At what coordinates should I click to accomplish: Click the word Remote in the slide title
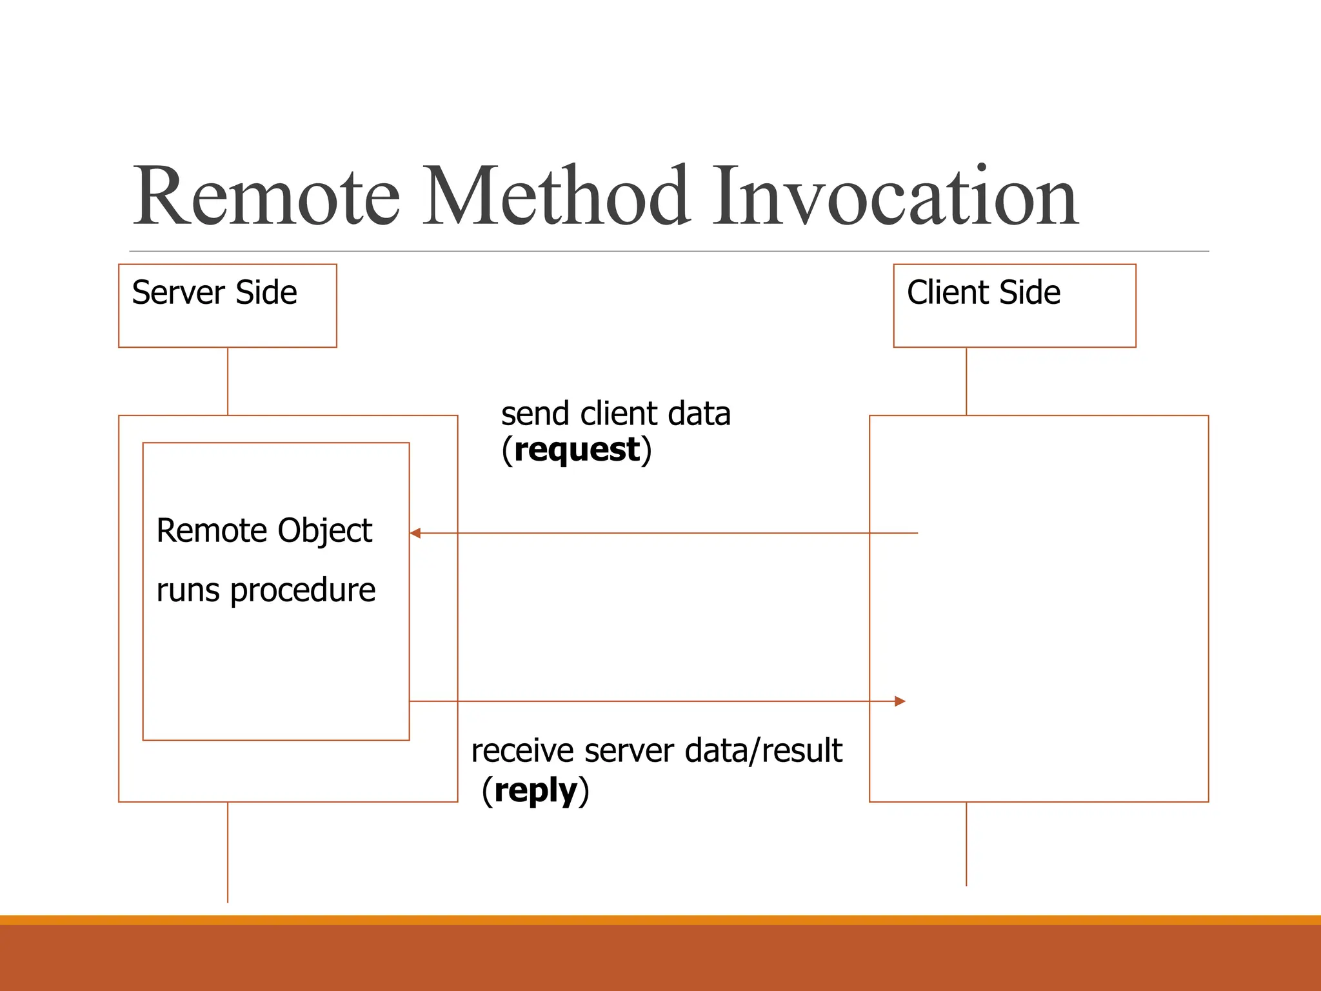pyautogui.click(x=266, y=196)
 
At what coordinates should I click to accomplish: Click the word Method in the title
pyautogui.click(x=556, y=196)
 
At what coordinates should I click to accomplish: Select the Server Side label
pyautogui.click(x=214, y=293)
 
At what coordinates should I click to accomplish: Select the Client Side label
pyautogui.click(x=983, y=293)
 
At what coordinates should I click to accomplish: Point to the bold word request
pyautogui.click(x=577, y=450)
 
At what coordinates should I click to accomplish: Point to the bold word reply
pyautogui.click(x=535, y=790)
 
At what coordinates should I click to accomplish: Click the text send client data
pyautogui.click(x=615, y=414)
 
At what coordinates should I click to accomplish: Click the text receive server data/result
pyautogui.click(x=656, y=751)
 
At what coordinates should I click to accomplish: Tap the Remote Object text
pyautogui.click(x=264, y=531)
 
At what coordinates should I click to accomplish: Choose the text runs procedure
pyautogui.click(x=266, y=590)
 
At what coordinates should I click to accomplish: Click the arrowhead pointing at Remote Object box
pyautogui.click(x=415, y=533)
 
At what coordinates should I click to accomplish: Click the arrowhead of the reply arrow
pyautogui.click(x=900, y=701)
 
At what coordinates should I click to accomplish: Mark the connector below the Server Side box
pyautogui.click(x=228, y=381)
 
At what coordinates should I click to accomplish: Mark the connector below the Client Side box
pyautogui.click(x=966, y=381)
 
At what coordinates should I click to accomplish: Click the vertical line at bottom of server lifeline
pyautogui.click(x=228, y=852)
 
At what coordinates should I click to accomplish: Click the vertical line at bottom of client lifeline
pyautogui.click(x=966, y=844)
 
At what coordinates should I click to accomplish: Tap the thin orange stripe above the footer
pyautogui.click(x=660, y=919)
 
